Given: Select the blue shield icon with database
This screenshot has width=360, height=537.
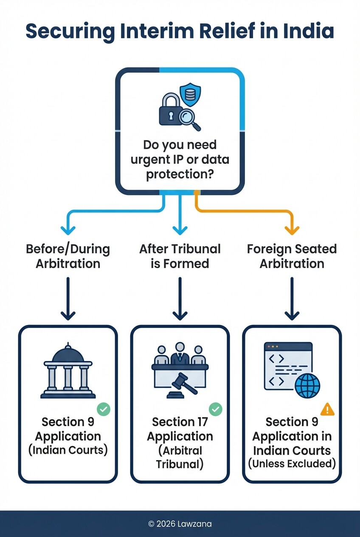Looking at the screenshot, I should coord(190,94).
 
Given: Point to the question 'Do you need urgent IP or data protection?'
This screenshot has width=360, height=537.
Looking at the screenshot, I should coord(180,160).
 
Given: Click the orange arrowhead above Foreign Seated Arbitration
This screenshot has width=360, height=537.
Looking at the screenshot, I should coord(292,229).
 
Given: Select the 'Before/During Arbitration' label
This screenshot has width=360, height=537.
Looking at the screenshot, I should coord(68,256).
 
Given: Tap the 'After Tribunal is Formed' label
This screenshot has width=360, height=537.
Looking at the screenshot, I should coord(180,256).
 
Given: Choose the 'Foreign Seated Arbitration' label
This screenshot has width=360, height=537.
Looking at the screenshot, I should coord(292,256).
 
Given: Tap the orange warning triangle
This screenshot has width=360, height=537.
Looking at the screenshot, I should coord(327,410).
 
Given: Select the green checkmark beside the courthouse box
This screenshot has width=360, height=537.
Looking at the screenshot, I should coord(103,410).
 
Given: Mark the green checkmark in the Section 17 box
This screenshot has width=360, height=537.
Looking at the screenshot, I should coord(215,410).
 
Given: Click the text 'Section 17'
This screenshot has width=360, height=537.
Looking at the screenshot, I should coord(180,422).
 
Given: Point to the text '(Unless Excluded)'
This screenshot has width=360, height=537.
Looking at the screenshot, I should coord(292,464).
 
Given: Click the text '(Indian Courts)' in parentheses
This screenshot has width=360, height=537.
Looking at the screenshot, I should coord(68,450).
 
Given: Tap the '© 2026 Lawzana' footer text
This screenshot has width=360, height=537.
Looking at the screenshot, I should coord(180,524).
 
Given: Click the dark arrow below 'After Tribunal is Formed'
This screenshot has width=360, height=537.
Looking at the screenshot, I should coord(180,300).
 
